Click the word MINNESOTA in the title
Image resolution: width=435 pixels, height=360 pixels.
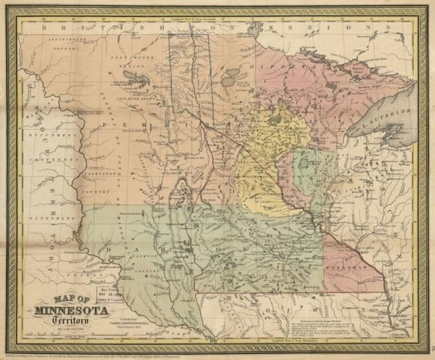pyautogui.click(x=71, y=311)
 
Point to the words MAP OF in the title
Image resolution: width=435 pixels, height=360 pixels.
pyautogui.click(x=71, y=300)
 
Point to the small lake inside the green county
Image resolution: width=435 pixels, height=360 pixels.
pyautogui.click(x=303, y=164)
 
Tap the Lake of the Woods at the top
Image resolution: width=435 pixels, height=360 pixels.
pyautogui.click(x=255, y=29)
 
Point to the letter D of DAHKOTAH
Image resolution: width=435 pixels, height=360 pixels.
pyautogui.click(x=109, y=250)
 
